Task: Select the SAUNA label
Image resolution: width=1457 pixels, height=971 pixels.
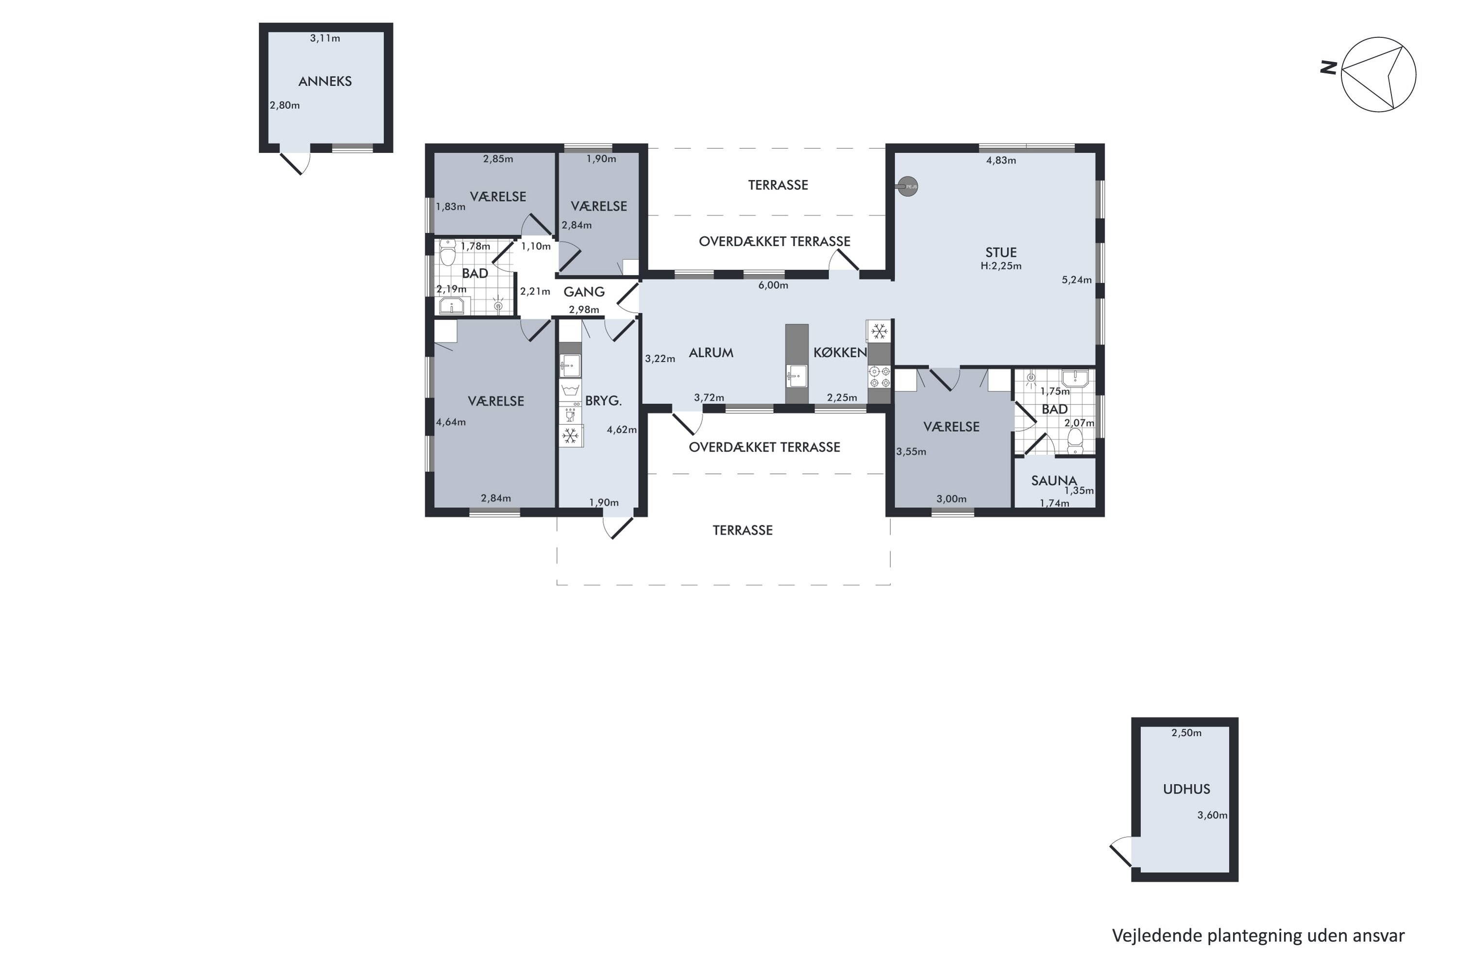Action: tap(1054, 481)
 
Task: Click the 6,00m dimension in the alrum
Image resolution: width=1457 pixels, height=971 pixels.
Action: tap(773, 285)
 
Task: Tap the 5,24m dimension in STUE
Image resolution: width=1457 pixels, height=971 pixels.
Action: tap(1077, 280)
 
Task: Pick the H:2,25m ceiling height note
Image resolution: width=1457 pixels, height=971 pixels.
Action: tap(1000, 266)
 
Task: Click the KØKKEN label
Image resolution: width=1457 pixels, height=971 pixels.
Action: tap(840, 353)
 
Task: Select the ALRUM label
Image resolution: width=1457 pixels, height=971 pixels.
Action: tap(711, 353)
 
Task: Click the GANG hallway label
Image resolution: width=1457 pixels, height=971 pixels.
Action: tap(584, 292)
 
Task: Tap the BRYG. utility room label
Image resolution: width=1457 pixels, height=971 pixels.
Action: tap(603, 401)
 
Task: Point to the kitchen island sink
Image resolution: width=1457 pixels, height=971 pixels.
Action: tap(796, 376)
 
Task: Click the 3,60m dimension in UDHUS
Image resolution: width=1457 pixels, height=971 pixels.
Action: tap(1212, 816)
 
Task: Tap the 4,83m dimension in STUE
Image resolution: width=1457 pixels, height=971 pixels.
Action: tap(1001, 160)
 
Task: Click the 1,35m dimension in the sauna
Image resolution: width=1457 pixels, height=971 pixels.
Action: tap(1079, 491)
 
